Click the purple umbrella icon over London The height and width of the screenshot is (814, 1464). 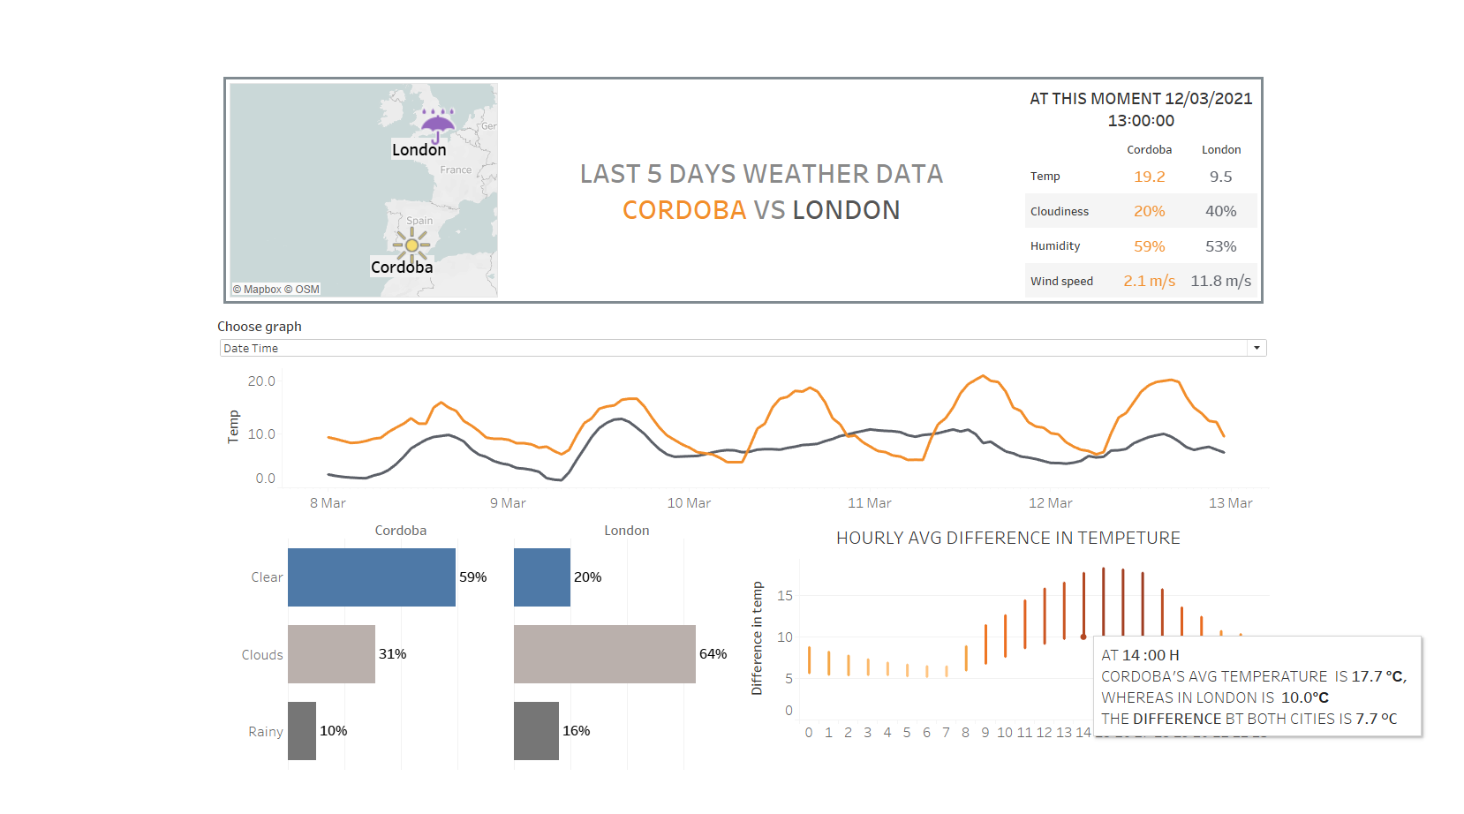click(x=437, y=124)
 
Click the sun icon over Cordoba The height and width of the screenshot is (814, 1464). click(x=411, y=245)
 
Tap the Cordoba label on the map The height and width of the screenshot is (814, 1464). click(x=402, y=267)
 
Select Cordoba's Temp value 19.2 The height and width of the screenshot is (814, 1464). click(x=1149, y=177)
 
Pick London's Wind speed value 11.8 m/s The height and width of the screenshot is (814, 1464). click(x=1220, y=281)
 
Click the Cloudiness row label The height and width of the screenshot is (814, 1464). click(x=1059, y=212)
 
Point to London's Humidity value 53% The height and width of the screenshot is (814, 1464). click(x=1220, y=246)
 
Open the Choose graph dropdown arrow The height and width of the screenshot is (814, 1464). click(x=1256, y=348)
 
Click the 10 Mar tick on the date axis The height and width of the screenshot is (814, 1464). click(x=689, y=503)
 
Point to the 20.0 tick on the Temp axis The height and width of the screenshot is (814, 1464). click(x=261, y=381)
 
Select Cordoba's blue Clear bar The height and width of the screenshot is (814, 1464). click(x=371, y=577)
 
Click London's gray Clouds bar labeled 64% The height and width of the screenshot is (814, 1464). click(x=604, y=654)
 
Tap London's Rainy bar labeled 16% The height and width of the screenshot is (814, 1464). click(x=536, y=731)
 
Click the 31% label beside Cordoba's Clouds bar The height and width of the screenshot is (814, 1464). click(x=393, y=654)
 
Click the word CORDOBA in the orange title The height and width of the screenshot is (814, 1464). click(x=684, y=210)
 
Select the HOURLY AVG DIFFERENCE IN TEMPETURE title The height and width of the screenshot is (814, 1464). click(x=1007, y=538)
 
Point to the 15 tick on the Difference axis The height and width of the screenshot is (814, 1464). click(x=785, y=596)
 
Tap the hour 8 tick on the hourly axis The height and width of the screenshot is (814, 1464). click(x=965, y=733)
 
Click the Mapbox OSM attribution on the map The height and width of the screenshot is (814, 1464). click(x=276, y=290)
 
